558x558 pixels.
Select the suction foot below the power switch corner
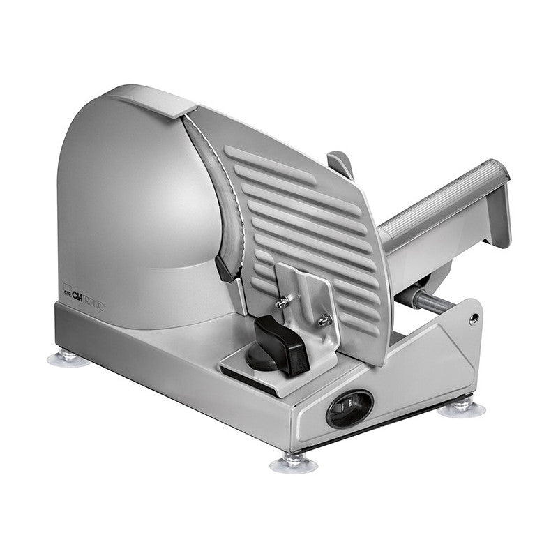click(x=294, y=461)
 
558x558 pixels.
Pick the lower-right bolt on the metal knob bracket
click(x=322, y=319)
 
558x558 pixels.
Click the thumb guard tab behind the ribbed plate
click(x=340, y=165)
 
